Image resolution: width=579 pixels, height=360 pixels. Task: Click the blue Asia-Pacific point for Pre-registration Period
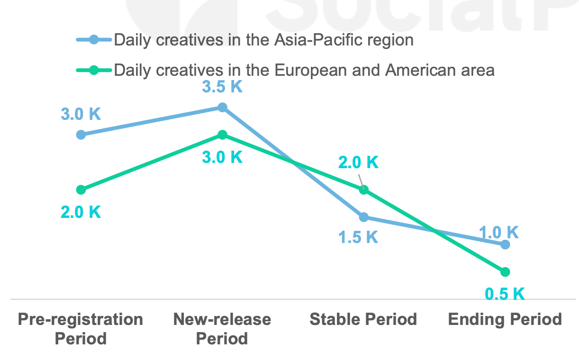(x=81, y=135)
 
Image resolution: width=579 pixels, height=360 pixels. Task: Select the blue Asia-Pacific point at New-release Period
(x=222, y=108)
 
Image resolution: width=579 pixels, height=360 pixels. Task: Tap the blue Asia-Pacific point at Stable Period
(x=363, y=217)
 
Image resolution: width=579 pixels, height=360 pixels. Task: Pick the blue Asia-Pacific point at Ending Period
(x=505, y=244)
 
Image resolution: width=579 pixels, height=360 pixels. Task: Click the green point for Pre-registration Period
(x=81, y=189)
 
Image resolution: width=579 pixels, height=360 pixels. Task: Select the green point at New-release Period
(x=222, y=135)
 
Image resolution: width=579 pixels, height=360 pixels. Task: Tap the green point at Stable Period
(x=363, y=189)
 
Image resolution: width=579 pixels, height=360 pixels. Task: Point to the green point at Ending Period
(x=505, y=271)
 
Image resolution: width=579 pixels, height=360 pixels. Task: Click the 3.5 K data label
(x=222, y=87)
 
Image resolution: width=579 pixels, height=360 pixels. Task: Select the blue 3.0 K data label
(x=81, y=114)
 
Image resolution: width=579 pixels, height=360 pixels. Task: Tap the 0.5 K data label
(x=505, y=294)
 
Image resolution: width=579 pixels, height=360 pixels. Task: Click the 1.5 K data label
(x=358, y=237)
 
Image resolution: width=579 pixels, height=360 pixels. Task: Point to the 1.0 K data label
(x=499, y=232)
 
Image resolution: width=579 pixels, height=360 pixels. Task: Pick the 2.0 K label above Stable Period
(x=358, y=163)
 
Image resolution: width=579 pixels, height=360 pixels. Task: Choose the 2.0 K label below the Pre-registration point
(x=81, y=212)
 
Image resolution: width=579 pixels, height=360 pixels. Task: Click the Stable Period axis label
(x=363, y=319)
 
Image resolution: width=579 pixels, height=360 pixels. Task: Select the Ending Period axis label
(x=505, y=319)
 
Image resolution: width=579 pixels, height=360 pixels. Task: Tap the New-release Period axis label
(x=222, y=328)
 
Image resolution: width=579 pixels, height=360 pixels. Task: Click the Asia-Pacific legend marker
(x=94, y=40)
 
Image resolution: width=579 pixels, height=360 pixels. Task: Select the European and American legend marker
(x=94, y=70)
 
